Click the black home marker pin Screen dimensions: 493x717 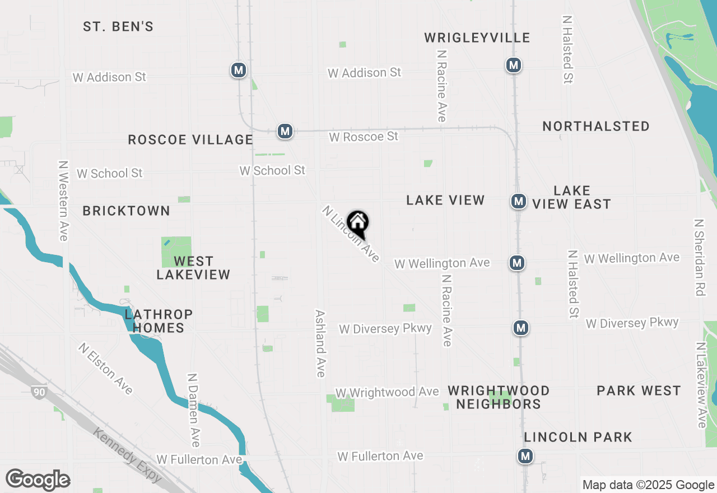[357, 224]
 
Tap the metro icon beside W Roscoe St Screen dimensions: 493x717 [285, 132]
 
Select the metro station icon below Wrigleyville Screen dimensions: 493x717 [513, 65]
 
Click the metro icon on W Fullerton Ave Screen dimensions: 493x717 [525, 457]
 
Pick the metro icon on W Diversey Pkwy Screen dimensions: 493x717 [521, 328]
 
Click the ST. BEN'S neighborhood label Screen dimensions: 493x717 [118, 26]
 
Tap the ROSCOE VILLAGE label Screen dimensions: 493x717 [190, 139]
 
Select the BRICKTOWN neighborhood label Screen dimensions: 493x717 [126, 211]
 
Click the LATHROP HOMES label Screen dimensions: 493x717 [159, 321]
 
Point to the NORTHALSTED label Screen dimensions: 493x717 [596, 126]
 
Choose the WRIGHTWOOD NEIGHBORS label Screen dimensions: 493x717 [499, 397]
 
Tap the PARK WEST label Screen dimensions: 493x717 [639, 390]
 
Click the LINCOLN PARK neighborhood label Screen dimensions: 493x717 [578, 437]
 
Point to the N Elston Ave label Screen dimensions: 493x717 [106, 369]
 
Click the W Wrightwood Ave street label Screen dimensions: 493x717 [387, 392]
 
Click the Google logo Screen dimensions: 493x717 [38, 480]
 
